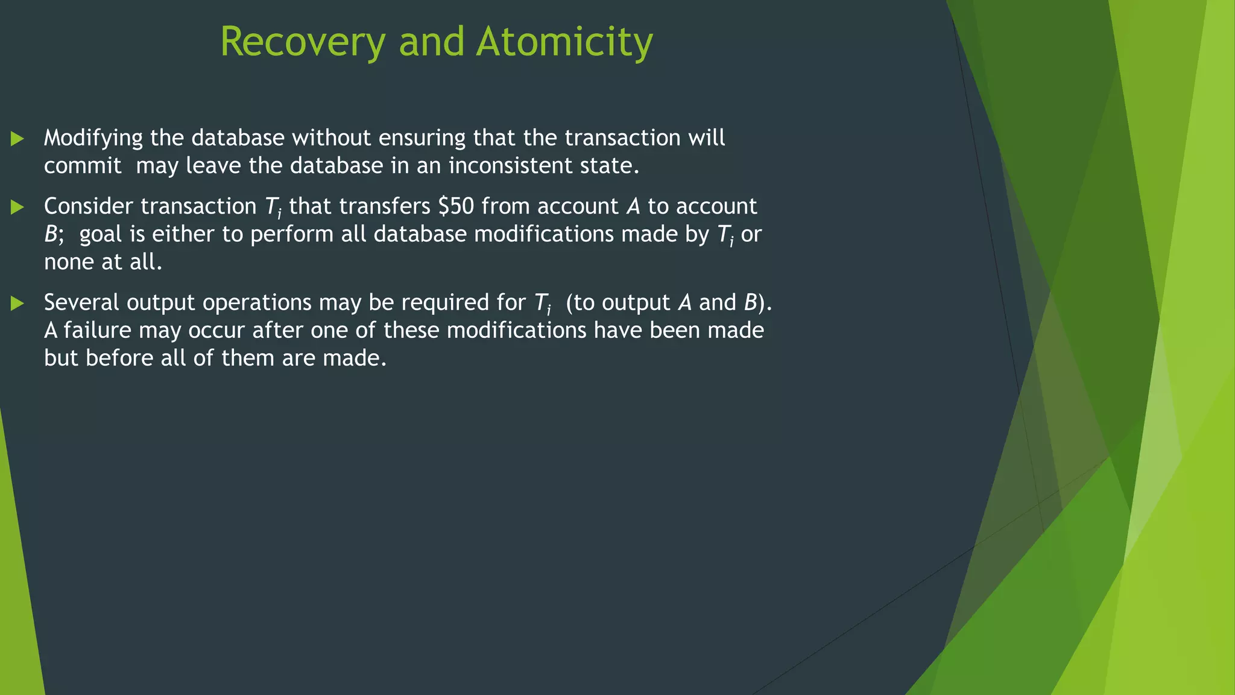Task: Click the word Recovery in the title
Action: [x=302, y=42]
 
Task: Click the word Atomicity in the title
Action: [x=564, y=42]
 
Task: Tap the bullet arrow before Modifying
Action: [x=17, y=139]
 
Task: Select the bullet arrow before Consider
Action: [x=17, y=208]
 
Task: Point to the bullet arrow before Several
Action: [x=17, y=303]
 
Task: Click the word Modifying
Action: [x=93, y=139]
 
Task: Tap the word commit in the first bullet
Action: [x=83, y=166]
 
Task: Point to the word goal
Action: [x=100, y=235]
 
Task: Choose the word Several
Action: [x=81, y=302]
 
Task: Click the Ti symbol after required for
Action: [x=543, y=303]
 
